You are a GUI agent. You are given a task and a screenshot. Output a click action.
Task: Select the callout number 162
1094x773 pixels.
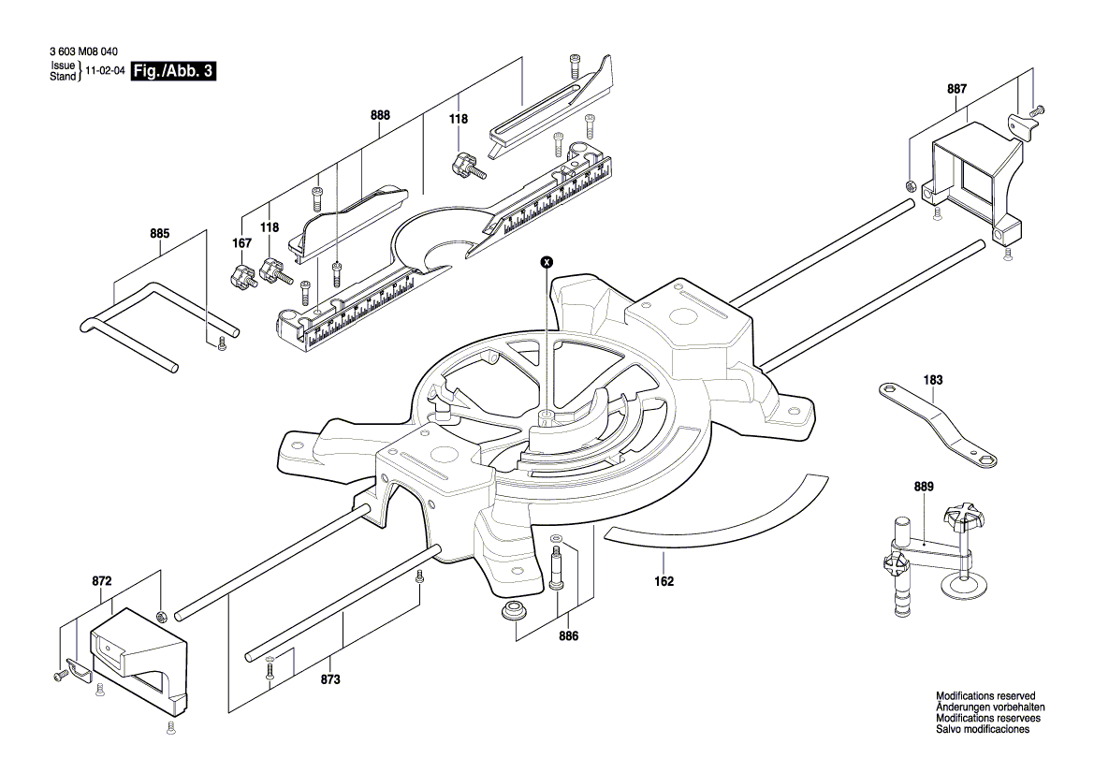[x=664, y=580]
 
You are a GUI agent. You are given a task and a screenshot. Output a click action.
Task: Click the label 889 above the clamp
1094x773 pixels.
[x=925, y=487]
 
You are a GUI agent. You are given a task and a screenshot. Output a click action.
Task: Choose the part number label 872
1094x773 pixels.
[x=102, y=581]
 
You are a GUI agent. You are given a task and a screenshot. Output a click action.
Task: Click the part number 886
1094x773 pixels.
[x=569, y=636]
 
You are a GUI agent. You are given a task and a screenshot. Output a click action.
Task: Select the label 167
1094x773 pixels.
[x=242, y=243]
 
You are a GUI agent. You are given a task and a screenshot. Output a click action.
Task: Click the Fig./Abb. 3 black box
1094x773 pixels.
[x=173, y=71]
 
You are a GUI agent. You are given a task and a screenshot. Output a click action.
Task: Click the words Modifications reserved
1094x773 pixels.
[x=985, y=696]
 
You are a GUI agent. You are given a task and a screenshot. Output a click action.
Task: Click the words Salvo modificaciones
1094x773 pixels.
[x=983, y=729]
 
